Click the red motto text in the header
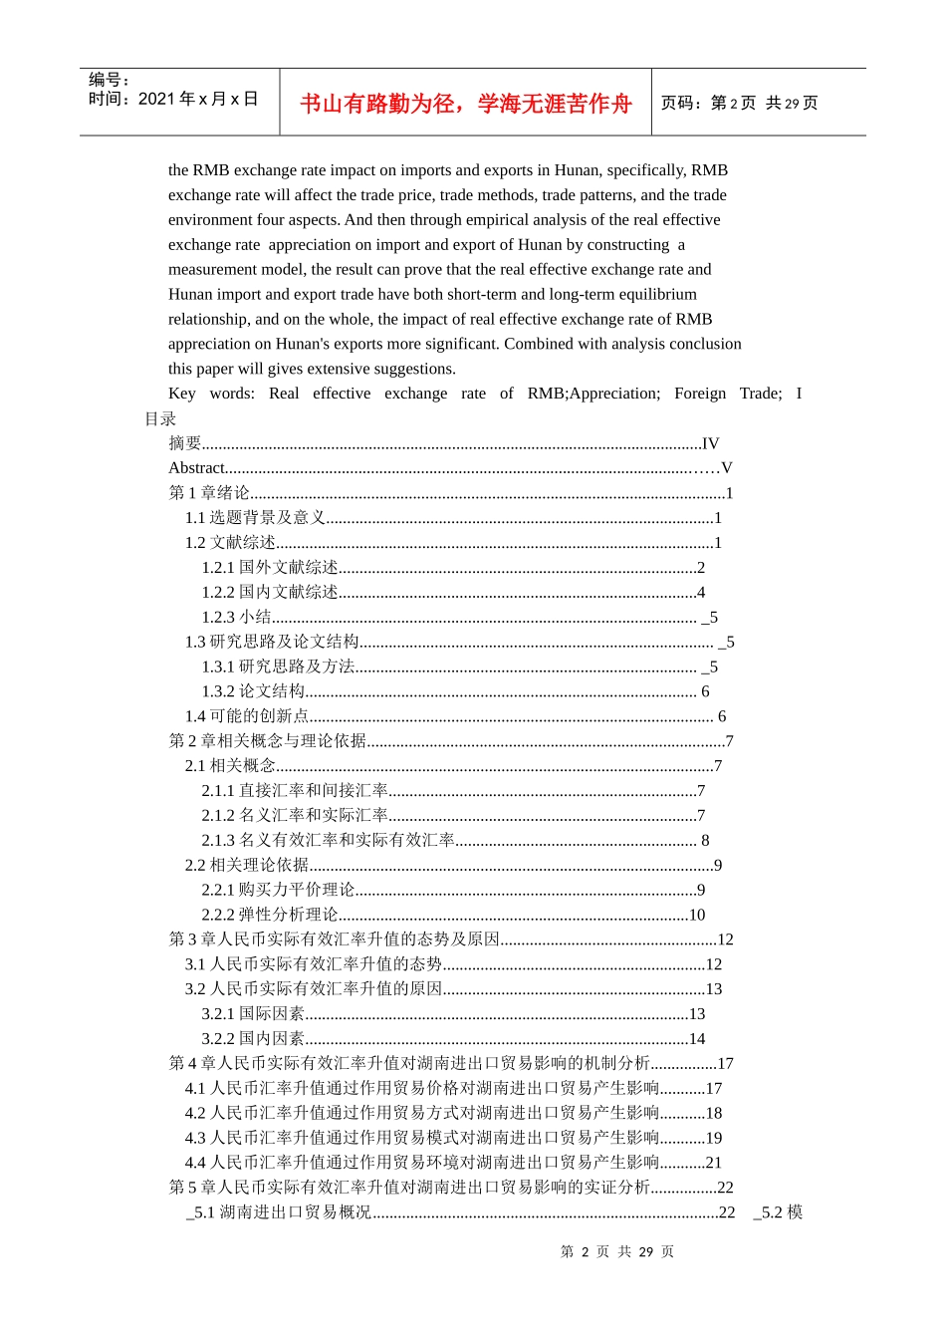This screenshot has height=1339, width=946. [465, 104]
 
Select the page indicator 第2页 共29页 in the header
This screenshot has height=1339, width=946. [739, 104]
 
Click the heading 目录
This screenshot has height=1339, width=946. [160, 418]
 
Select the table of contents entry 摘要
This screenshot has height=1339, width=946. [185, 443]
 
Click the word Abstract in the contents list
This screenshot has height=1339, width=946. [197, 468]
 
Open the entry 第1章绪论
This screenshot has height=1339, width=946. [209, 493]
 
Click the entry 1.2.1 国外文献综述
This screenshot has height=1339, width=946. [270, 567]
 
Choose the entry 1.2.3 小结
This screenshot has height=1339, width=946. [237, 617]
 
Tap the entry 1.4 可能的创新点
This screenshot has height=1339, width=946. [247, 716]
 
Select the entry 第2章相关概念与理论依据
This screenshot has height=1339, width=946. [268, 741]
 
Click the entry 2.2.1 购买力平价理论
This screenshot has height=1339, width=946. [278, 890]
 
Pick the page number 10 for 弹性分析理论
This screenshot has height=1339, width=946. [697, 915]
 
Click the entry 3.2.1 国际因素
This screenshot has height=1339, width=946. [253, 1013]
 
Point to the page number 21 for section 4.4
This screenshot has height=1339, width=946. [713, 1163]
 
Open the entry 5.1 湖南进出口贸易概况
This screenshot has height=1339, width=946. [280, 1212]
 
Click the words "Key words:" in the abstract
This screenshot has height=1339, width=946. [212, 394]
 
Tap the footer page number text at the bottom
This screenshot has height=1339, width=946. [617, 1251]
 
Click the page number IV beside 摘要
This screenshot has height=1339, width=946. [710, 443]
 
